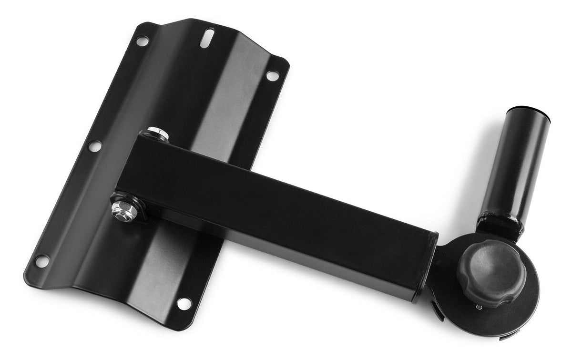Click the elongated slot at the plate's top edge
pyautogui.click(x=208, y=38)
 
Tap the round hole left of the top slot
pyautogui.click(x=142, y=41)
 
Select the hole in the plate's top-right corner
pyautogui.click(x=272, y=75)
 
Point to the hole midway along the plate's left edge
pyautogui.click(x=95, y=145)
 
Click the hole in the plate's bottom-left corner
pyautogui.click(x=41, y=261)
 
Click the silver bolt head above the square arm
pyautogui.click(x=157, y=133)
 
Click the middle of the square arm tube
pyautogui.click(x=281, y=210)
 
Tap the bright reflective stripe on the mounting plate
pyautogui.click(x=224, y=119)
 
